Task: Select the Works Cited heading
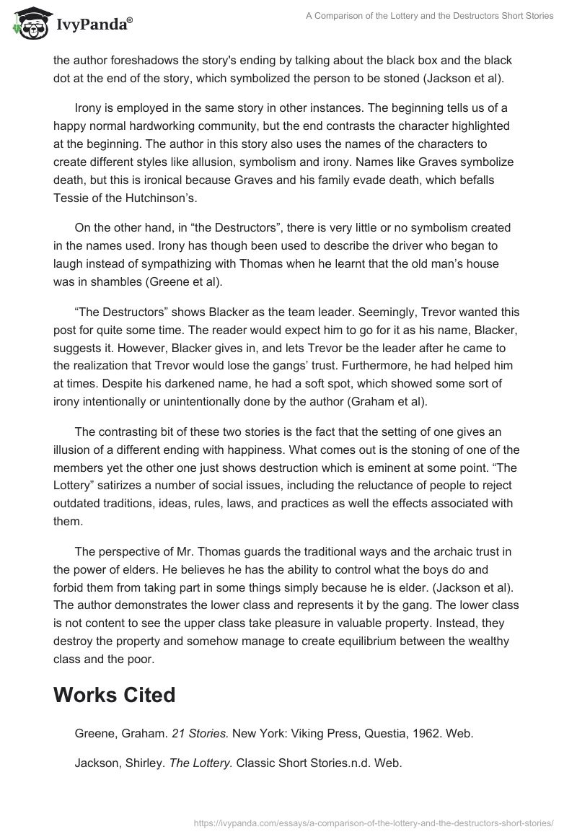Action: (114, 695)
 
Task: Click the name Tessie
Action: (71, 198)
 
